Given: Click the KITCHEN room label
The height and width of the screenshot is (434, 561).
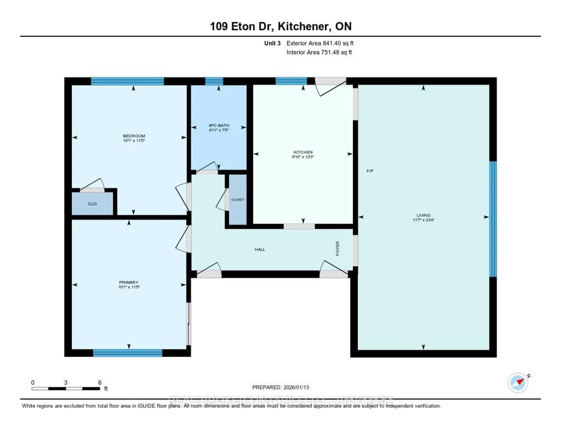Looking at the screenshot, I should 303,152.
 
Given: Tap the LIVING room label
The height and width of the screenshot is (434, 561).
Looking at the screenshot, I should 423,215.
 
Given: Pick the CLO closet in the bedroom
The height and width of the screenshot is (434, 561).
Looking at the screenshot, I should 92,204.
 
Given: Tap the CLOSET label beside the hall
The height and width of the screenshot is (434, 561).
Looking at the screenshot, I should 238,200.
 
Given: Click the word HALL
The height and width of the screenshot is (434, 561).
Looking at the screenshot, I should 260,249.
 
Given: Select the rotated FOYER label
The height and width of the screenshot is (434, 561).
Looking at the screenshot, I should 337,248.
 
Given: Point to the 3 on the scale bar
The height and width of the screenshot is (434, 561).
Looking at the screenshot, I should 66,382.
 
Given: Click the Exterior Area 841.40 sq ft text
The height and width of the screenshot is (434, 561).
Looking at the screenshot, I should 320,43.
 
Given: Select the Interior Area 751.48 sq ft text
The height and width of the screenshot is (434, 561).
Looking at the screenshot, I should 319,53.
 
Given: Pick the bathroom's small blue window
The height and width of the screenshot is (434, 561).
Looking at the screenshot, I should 214,81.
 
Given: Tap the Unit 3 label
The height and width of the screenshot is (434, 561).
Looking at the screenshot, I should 272,43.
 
